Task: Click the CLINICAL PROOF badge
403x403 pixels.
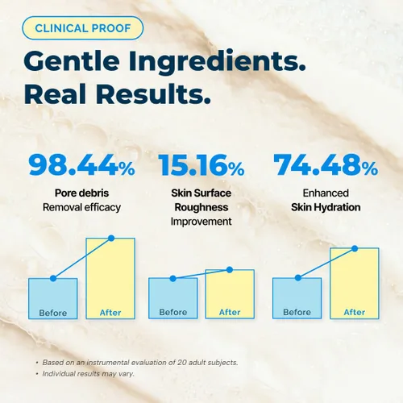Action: [83, 28]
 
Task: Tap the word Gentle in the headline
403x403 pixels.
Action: [72, 60]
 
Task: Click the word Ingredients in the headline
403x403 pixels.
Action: [217, 63]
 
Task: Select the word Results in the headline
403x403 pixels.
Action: [153, 93]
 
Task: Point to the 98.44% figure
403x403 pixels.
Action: [81, 165]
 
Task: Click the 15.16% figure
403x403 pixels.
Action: [201, 165]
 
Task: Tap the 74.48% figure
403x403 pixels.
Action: [326, 165]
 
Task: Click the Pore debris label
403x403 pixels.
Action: [81, 193]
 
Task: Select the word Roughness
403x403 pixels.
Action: [201, 207]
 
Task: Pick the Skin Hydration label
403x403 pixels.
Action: [326, 207]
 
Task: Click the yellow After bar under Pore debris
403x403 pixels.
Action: [110, 278]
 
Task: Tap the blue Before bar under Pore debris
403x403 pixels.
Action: [53, 298]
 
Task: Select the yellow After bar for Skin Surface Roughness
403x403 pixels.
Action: [230, 294]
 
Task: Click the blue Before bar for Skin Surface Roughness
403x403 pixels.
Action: [173, 298]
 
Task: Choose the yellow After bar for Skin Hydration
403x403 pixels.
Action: [355, 283]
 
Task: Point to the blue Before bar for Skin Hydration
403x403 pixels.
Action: [297, 298]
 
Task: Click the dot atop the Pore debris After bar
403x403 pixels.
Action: [111, 238]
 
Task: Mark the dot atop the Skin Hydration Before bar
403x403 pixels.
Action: [298, 278]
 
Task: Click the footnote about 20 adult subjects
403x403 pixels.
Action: [140, 363]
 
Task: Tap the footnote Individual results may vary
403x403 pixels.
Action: [88, 374]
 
